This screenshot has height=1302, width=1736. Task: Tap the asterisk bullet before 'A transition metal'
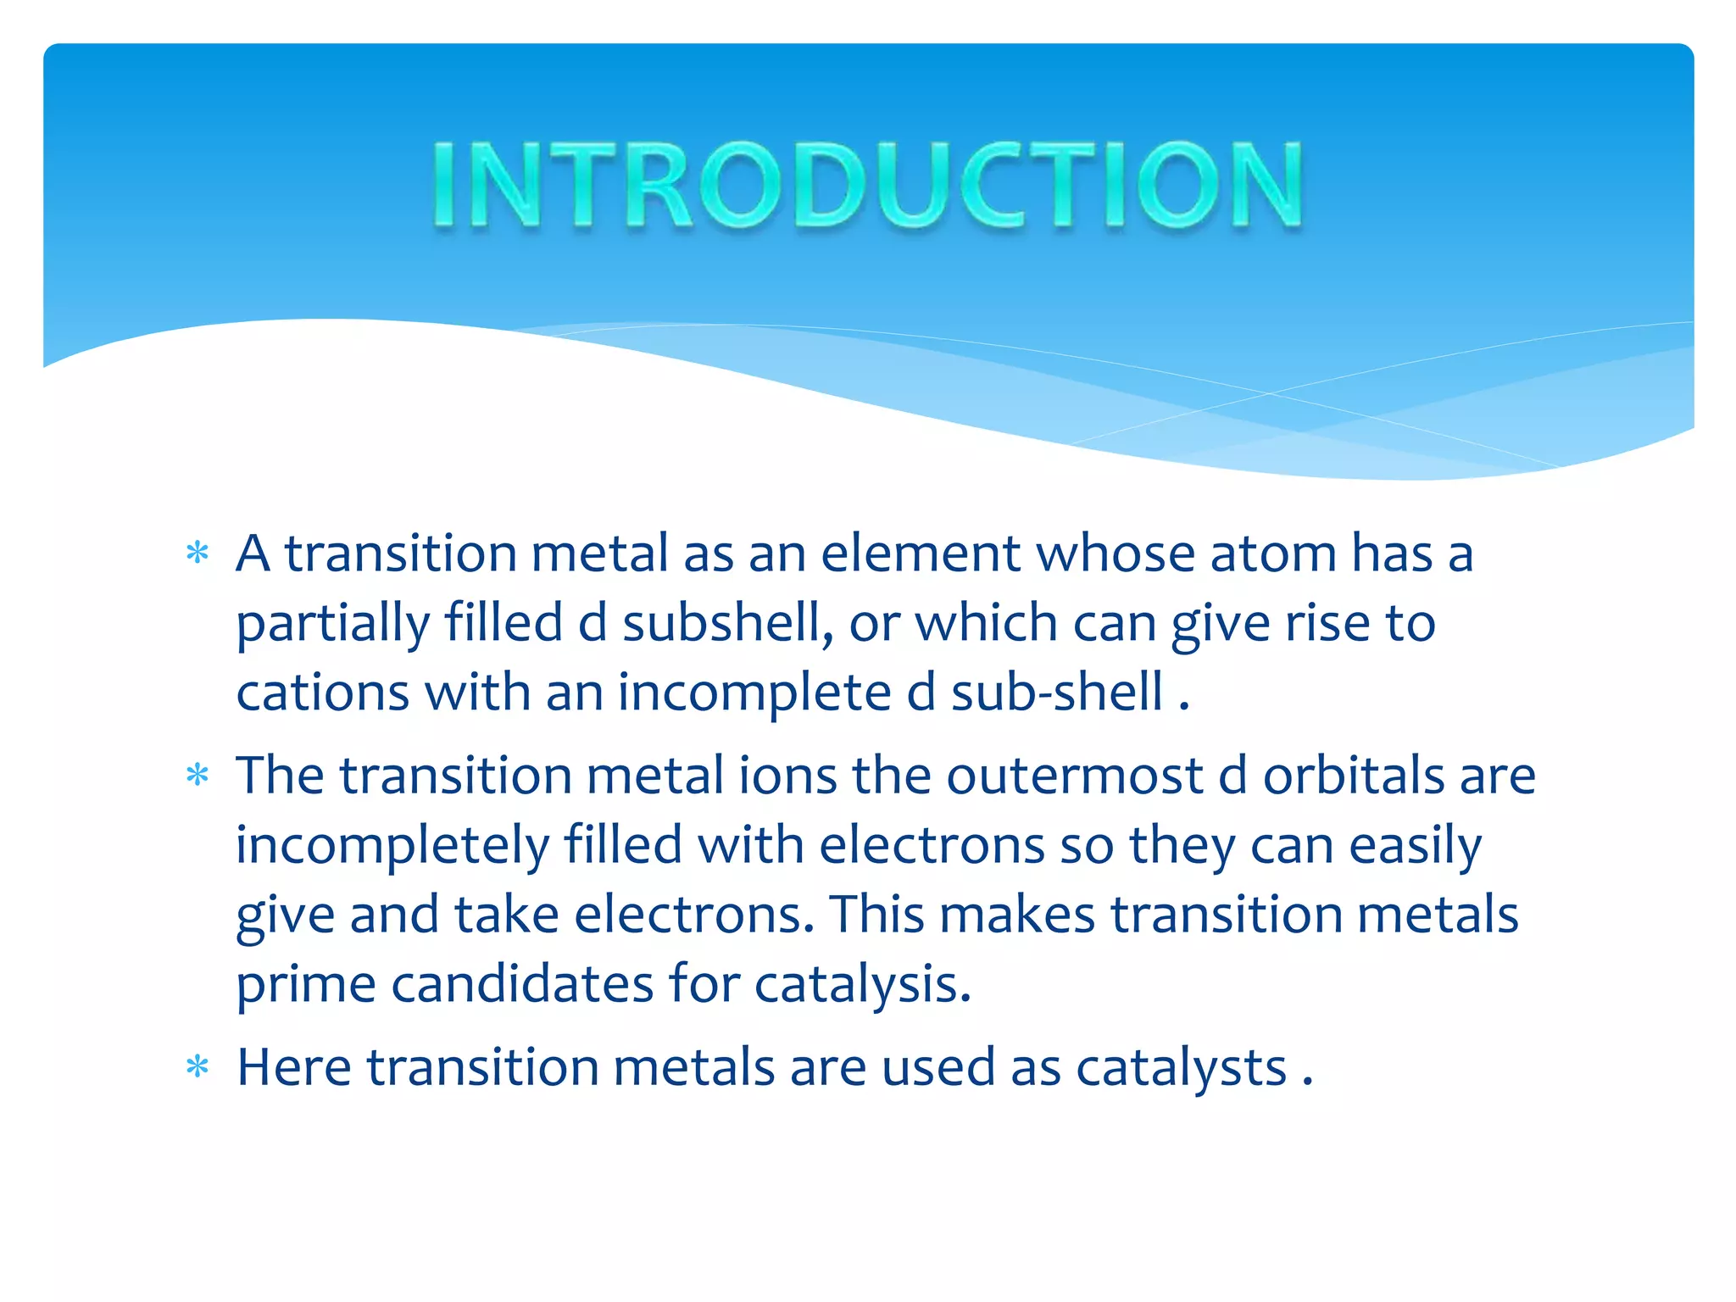198,554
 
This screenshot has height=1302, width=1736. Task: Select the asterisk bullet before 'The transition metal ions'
198,776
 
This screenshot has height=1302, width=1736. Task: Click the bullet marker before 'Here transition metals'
198,1067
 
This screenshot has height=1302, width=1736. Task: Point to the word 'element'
921,554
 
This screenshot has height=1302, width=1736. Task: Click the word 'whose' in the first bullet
1116,554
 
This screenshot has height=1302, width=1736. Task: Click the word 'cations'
323,693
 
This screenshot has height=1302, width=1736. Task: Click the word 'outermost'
1075,776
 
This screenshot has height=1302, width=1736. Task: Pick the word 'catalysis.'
863,987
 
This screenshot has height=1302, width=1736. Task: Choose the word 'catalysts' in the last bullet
1182,1068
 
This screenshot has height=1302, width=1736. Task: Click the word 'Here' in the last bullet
293,1067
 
